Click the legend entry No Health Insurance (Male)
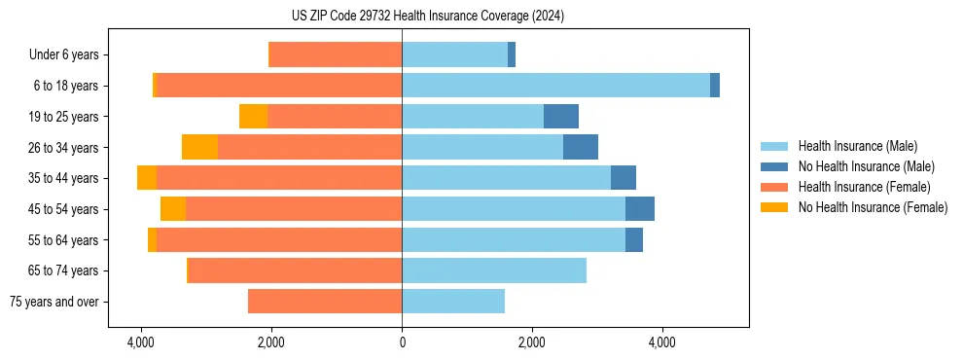tap(866, 166)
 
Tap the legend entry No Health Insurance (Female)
tap(873, 207)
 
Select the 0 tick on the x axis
tap(402, 342)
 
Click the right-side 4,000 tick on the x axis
tap(662, 342)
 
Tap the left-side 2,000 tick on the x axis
tap(270, 342)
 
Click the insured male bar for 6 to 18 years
tap(555, 86)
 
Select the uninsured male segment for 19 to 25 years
tap(561, 117)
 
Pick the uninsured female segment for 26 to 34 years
tap(199, 147)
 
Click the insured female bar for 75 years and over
tap(325, 302)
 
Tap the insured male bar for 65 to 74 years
tap(494, 270)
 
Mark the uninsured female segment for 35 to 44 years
tap(147, 178)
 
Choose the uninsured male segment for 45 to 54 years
tap(640, 209)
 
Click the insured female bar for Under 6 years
tap(336, 55)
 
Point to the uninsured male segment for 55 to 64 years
tap(634, 239)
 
